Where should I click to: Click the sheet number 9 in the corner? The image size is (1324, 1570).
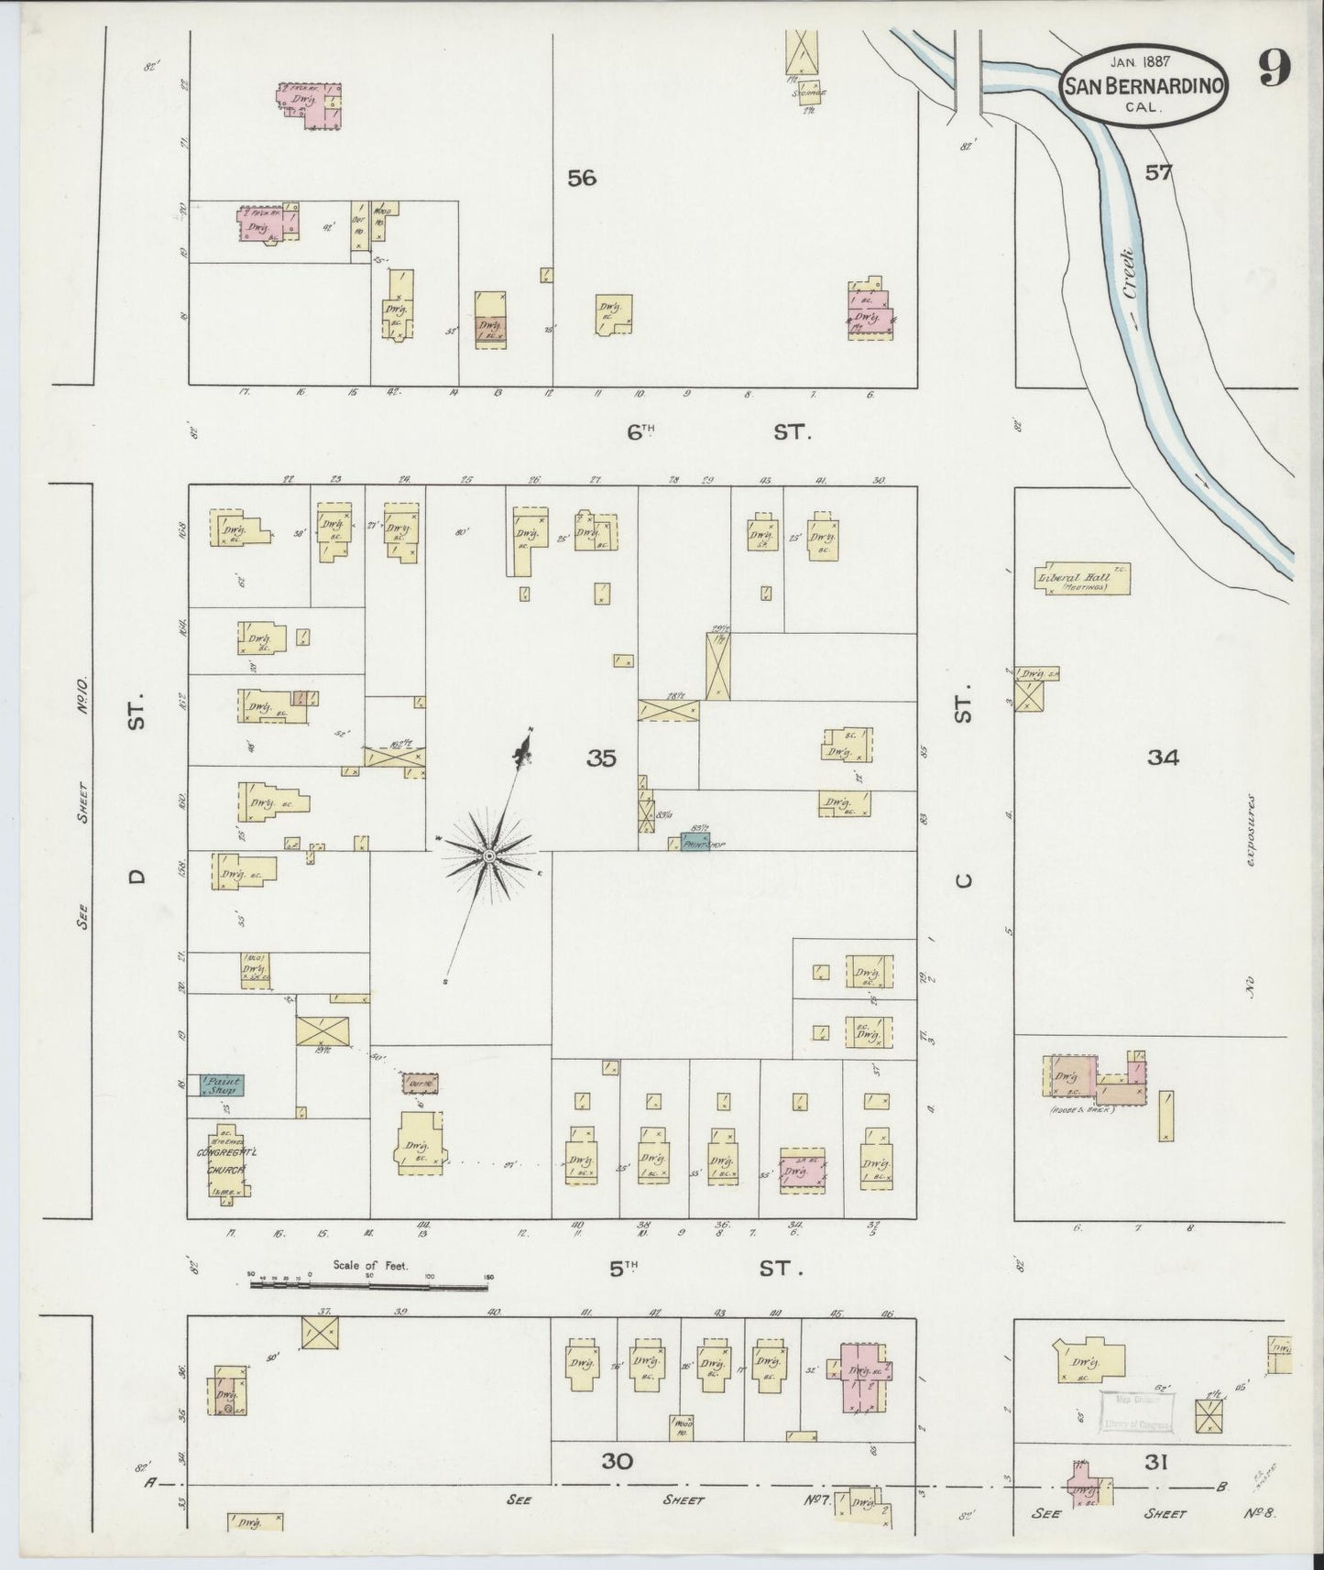[1275, 68]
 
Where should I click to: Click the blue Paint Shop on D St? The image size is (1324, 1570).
[217, 1085]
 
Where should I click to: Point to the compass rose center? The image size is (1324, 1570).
[489, 856]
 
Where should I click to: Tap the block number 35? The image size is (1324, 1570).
[602, 758]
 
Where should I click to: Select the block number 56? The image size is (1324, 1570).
[581, 178]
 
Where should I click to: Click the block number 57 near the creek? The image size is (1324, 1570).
[1158, 172]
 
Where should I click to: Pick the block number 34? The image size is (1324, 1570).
[1162, 757]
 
